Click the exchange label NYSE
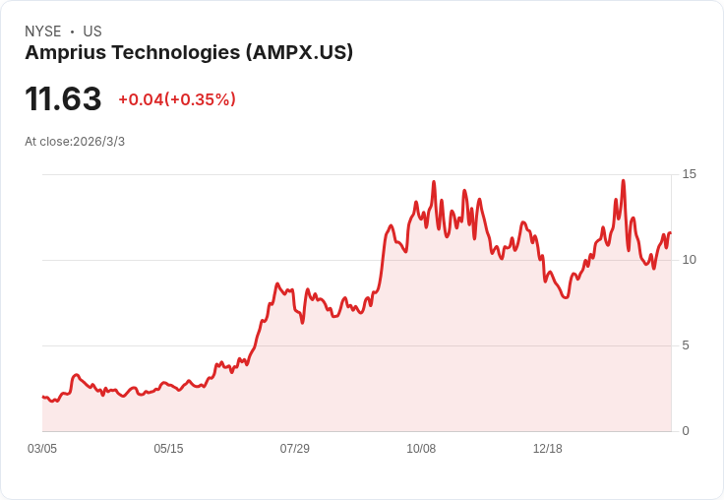[x=43, y=31]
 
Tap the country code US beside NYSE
[x=92, y=31]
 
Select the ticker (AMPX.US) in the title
[x=299, y=52]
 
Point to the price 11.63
[x=63, y=99]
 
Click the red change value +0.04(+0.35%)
[x=177, y=99]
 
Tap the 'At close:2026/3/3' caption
[x=75, y=142]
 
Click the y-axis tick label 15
[x=690, y=174]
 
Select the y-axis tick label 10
[x=690, y=260]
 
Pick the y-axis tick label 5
[x=686, y=345]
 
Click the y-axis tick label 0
[x=686, y=431]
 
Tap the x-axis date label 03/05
[x=42, y=449]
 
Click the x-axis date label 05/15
[x=168, y=449]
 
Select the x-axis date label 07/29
[x=294, y=449]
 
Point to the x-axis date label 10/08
[x=421, y=449]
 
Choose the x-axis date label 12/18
[x=547, y=449]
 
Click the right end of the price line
[x=670, y=233]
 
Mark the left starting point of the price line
[x=43, y=397]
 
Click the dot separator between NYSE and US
[x=72, y=31]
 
